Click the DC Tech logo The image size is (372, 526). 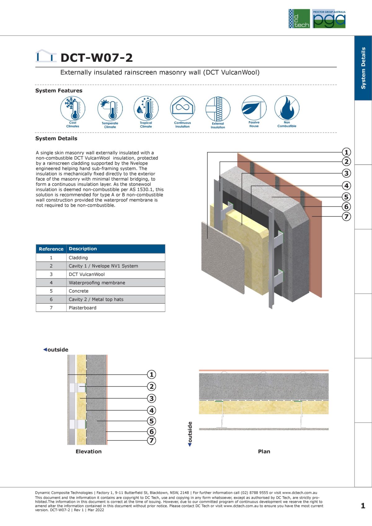pyautogui.click(x=299, y=19)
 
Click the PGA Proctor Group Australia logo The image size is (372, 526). pyautogui.click(x=329, y=19)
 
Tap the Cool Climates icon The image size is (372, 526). pyautogui.click(x=73, y=108)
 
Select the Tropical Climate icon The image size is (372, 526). pyautogui.click(x=146, y=108)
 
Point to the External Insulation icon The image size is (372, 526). pyautogui.click(x=218, y=109)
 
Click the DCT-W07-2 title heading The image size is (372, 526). pyautogui.click(x=96, y=58)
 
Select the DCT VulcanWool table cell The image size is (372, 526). pyautogui.click(x=87, y=274)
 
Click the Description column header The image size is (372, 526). pyautogui.click(x=83, y=249)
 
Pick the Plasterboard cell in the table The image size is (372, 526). pyautogui.click(x=82, y=308)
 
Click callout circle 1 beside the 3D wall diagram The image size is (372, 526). pyautogui.click(x=346, y=152)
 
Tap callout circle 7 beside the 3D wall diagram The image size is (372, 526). pyautogui.click(x=346, y=216)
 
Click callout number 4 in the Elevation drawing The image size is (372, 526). pyautogui.click(x=151, y=410)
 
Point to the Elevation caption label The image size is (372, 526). pyautogui.click(x=89, y=451)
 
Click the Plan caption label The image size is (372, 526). pyautogui.click(x=264, y=451)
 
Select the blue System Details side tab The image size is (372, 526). pyautogui.click(x=363, y=68)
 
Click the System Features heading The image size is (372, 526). pyautogui.click(x=59, y=91)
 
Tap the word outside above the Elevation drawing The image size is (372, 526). pyautogui.click(x=58, y=350)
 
